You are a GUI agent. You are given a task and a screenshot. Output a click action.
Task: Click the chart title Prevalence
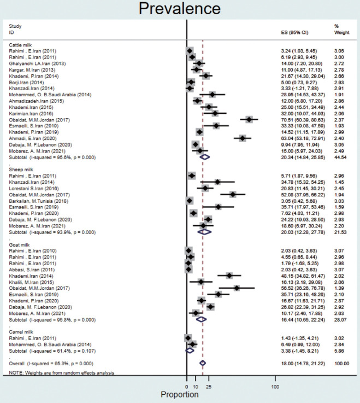click(x=179, y=9)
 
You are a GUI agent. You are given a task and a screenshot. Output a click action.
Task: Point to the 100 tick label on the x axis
click(x=274, y=386)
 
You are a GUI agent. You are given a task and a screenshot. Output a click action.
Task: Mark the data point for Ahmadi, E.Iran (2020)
click(x=242, y=139)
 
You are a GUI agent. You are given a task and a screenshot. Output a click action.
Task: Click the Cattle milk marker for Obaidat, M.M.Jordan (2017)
click(x=249, y=119)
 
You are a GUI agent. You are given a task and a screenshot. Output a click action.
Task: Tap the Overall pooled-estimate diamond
click(x=203, y=363)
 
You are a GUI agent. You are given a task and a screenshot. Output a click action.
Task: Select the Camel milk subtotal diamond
click(x=190, y=351)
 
